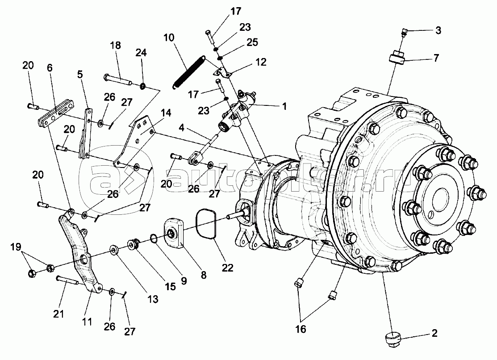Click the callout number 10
169,38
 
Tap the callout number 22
228,268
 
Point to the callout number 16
301,329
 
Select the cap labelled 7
397,58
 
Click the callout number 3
438,30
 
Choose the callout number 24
141,53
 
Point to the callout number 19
16,247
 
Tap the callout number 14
166,113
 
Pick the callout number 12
261,62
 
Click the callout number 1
284,106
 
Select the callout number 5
80,75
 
